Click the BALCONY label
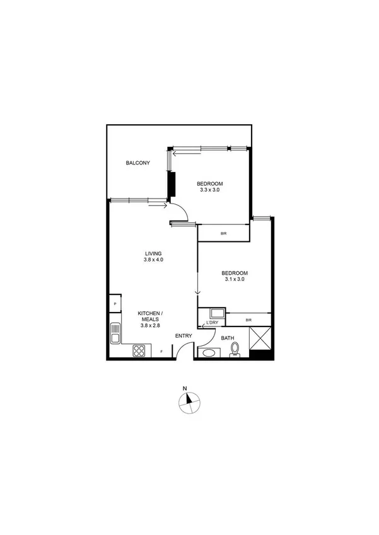coord(137,163)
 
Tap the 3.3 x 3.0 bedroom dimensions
coord(209,190)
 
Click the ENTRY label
coord(184,336)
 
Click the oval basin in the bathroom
coord(207,352)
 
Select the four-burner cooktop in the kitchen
coord(139,351)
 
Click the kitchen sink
coord(115,333)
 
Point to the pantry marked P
coord(115,304)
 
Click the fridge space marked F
coord(161,351)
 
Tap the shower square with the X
coord(261,338)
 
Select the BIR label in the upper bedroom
coord(223,234)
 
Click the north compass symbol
coord(189,403)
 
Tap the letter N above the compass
coord(185,388)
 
